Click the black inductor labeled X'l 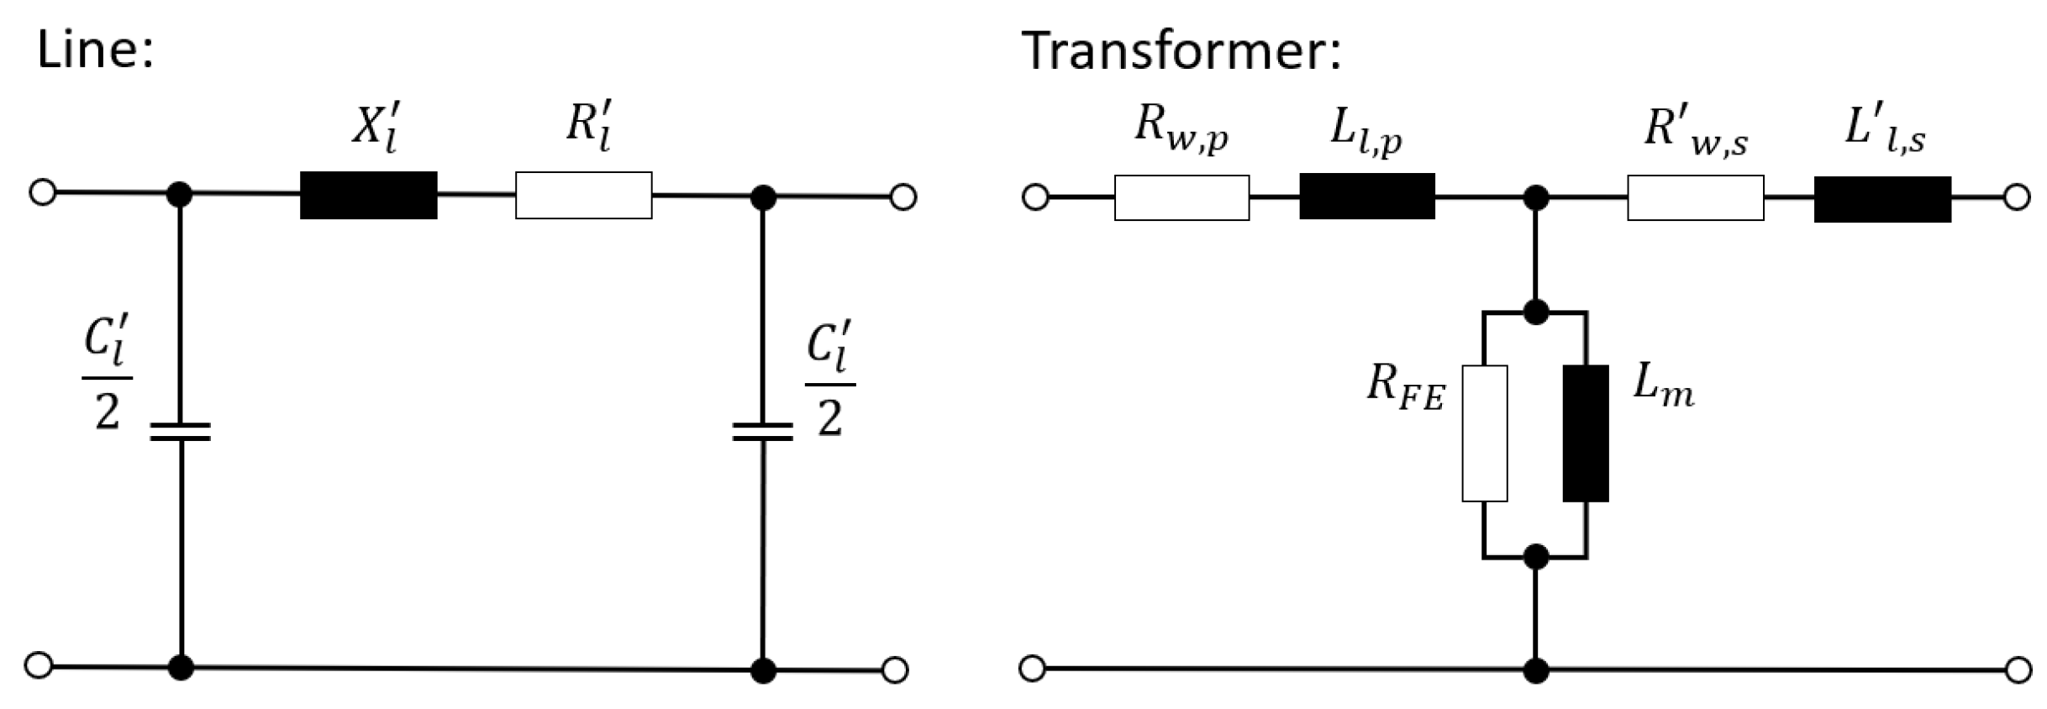[x=368, y=196]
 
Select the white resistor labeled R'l [x=583, y=196]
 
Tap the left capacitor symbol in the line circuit [x=180, y=432]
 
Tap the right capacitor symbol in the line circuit [x=762, y=432]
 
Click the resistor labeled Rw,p [x=1181, y=197]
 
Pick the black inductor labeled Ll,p [x=1367, y=197]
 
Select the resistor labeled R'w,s [x=1695, y=198]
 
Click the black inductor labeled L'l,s [x=1882, y=199]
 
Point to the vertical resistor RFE [x=1484, y=433]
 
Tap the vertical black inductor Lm [x=1586, y=433]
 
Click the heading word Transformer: [x=1181, y=50]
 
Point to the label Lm [x=1662, y=387]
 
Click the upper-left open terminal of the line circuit [x=42, y=192]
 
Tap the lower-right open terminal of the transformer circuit [x=2018, y=670]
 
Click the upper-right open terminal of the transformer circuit [x=2017, y=198]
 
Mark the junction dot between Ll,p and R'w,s [x=1535, y=198]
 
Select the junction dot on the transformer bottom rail [x=1535, y=671]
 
